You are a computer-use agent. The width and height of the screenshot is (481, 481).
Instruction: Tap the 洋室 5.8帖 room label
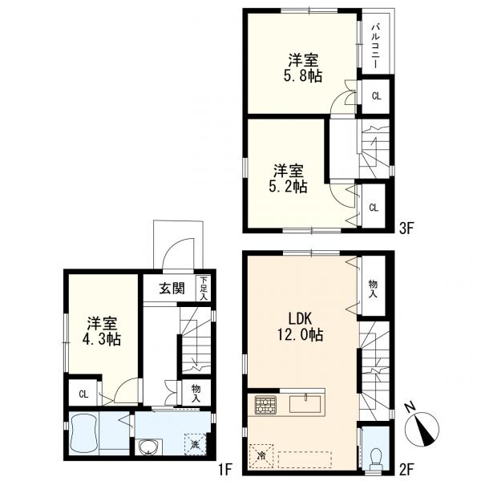tap(303, 68)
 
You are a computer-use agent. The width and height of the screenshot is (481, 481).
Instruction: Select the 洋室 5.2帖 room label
tap(289, 179)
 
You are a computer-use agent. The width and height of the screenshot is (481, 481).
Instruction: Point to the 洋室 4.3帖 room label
tap(102, 331)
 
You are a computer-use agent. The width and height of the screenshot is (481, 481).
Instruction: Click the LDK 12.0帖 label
tap(301, 327)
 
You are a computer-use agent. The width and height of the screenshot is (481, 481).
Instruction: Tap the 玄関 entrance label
tap(172, 289)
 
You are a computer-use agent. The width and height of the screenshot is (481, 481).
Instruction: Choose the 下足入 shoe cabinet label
tap(204, 289)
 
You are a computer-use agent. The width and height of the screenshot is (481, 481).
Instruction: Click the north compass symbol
tap(422, 427)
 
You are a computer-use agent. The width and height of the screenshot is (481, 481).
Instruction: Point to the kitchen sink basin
tap(305, 404)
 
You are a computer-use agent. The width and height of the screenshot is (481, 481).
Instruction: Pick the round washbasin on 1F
tap(149, 447)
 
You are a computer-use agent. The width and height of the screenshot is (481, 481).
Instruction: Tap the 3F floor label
tap(406, 228)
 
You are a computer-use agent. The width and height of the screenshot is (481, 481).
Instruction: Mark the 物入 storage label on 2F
tap(373, 289)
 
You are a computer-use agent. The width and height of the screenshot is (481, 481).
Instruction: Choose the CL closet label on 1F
tap(83, 394)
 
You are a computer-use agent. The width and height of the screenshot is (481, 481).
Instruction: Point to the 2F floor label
tap(406, 469)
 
